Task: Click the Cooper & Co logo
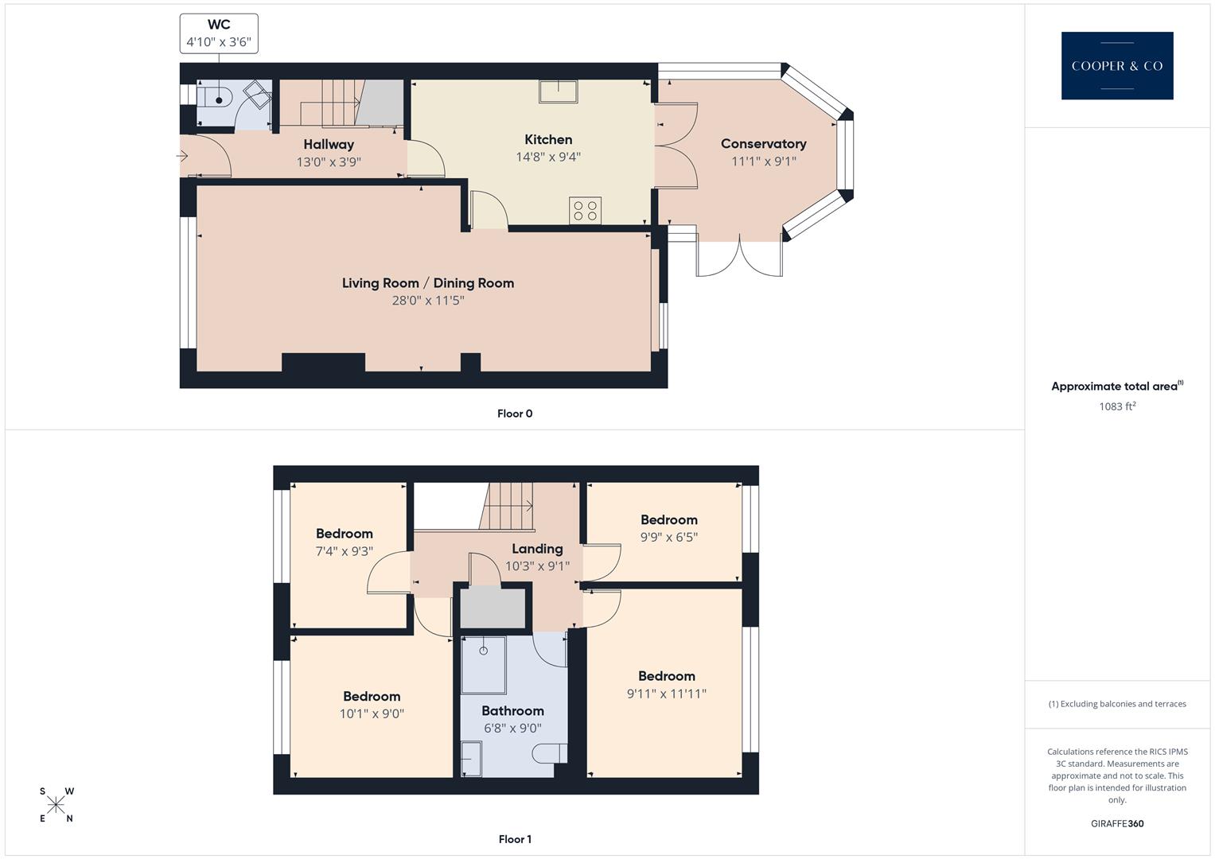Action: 1116,66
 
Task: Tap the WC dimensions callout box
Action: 219,33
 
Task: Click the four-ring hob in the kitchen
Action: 586,211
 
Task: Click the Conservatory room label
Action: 763,144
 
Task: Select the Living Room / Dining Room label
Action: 427,283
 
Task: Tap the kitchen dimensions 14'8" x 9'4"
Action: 547,157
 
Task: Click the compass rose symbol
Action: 56,805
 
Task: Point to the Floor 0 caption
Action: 514,414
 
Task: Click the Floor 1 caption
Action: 514,839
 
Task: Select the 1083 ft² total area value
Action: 1116,406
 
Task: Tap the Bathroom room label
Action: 512,711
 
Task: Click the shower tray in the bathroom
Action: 483,664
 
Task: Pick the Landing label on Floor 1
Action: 537,549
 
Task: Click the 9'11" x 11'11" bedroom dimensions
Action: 666,694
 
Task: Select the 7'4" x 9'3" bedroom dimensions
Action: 344,551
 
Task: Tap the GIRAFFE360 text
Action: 1116,824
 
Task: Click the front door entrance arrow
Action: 182,156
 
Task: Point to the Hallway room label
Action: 328,145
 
